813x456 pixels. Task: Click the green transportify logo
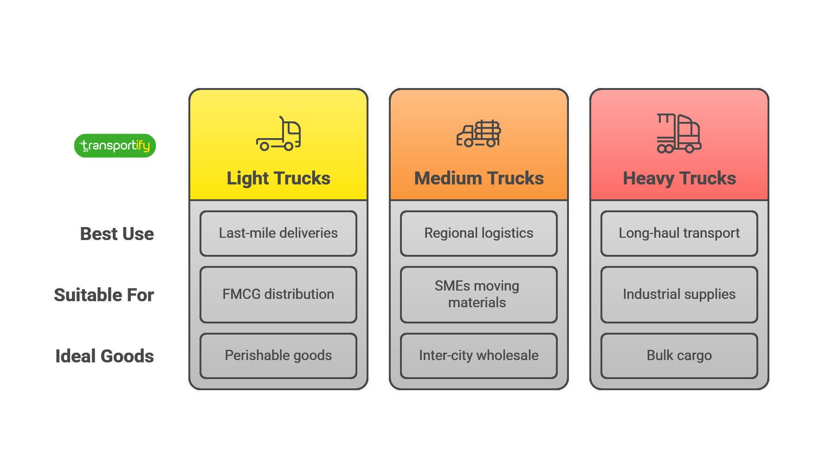click(x=115, y=146)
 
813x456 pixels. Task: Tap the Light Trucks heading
click(x=278, y=178)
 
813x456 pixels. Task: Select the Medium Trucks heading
click(x=479, y=178)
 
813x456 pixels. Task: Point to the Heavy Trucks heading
click(x=679, y=178)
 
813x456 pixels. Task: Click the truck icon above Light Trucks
click(x=278, y=134)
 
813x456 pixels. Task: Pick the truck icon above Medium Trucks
click(x=479, y=134)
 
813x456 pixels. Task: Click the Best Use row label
click(x=117, y=234)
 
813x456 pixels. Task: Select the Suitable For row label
click(x=104, y=295)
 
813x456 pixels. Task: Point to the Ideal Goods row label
click(x=104, y=356)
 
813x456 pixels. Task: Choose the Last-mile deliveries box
click(x=278, y=234)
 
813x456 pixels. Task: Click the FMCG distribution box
click(x=278, y=295)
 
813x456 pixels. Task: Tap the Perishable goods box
click(x=278, y=356)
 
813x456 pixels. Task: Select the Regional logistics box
click(x=479, y=234)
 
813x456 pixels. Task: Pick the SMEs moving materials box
click(x=479, y=295)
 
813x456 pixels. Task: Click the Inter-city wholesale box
click(x=479, y=356)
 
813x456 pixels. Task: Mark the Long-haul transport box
click(x=679, y=234)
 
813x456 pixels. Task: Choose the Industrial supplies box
click(x=679, y=295)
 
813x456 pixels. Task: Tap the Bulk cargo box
click(x=679, y=356)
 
